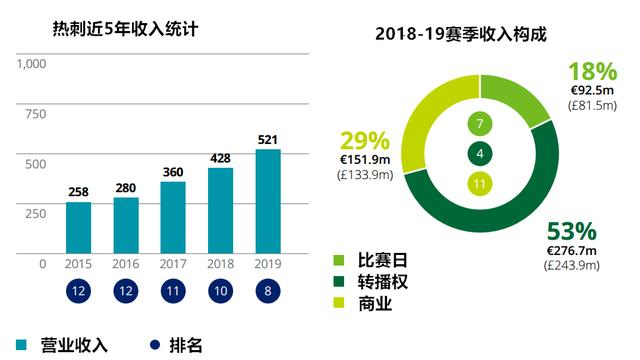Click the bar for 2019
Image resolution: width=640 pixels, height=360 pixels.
coord(268,201)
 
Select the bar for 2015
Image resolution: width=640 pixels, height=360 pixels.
coord(79,228)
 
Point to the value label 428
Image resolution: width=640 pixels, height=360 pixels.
coord(220,158)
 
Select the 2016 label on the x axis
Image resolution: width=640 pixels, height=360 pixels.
coord(126,264)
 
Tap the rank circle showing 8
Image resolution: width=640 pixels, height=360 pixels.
coord(268,292)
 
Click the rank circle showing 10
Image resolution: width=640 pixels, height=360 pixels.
coord(220,292)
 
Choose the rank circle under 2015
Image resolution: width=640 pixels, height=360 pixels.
coord(79,292)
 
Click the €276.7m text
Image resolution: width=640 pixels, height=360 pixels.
coord(571,249)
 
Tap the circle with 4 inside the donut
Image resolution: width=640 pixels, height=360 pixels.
coord(480,154)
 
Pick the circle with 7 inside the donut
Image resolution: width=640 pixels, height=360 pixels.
coord(480,124)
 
